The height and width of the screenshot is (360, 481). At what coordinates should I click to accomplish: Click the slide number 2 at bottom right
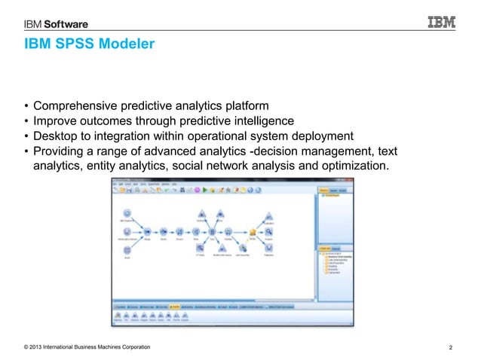450,346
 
